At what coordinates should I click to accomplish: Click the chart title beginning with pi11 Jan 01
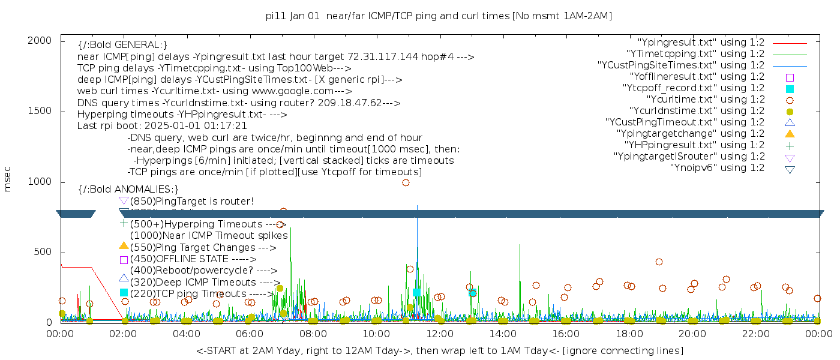pyautogui.click(x=439, y=16)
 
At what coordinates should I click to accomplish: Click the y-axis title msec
pyautogui.click(x=8, y=179)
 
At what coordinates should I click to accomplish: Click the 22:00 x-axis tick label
pyautogui.click(x=754, y=333)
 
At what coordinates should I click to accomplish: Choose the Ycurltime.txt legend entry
pyautogui.click(x=706, y=100)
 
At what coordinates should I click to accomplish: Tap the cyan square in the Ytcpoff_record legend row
pyautogui.click(x=790, y=88)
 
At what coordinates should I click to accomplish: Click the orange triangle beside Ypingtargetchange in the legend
pyautogui.click(x=790, y=134)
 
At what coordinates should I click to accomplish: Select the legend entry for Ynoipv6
pyautogui.click(x=718, y=168)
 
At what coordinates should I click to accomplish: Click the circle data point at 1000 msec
pyautogui.click(x=406, y=182)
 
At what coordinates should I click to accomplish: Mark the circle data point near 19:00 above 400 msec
pyautogui.click(x=659, y=262)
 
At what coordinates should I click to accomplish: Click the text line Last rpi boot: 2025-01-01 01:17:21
pyautogui.click(x=162, y=126)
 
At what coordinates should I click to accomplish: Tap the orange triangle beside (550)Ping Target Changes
pyautogui.click(x=124, y=245)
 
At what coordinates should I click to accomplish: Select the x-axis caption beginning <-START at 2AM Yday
pyautogui.click(x=439, y=350)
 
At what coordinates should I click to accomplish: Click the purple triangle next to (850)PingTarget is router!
pyautogui.click(x=124, y=200)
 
